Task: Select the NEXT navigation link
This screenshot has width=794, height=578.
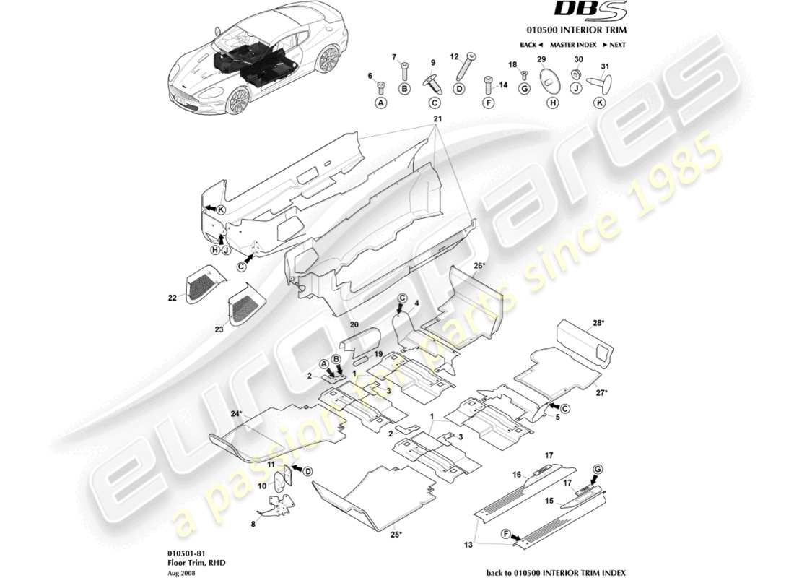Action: [612, 45]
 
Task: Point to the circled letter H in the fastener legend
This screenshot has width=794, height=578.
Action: [553, 103]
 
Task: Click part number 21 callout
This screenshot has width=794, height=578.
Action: [437, 118]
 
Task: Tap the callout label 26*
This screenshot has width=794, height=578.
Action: [479, 265]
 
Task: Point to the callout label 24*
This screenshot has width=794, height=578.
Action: [236, 414]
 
